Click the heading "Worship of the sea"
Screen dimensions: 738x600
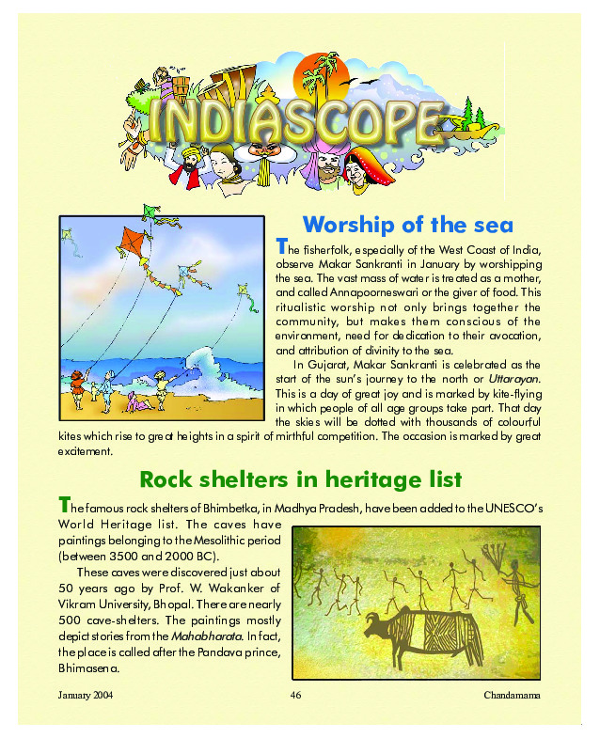point(407,225)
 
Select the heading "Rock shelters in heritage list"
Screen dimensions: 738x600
point(300,479)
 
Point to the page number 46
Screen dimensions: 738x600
point(294,695)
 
